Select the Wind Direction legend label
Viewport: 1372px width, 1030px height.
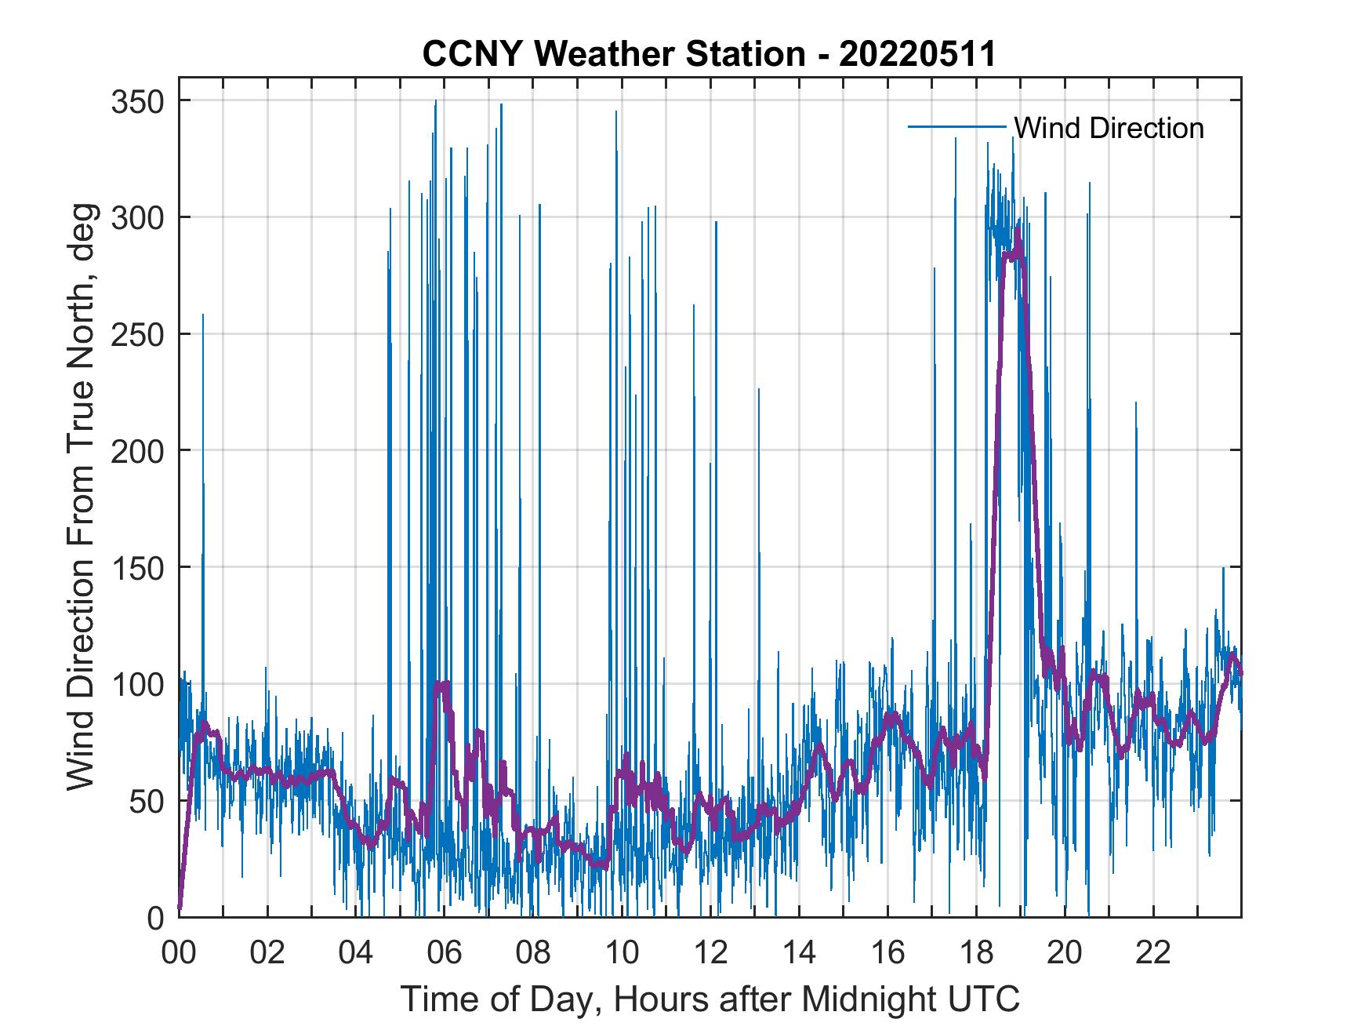[1109, 128]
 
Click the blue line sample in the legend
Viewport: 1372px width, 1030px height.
[956, 127]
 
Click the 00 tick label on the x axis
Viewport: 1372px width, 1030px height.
[179, 954]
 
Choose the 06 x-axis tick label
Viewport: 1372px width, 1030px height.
[445, 954]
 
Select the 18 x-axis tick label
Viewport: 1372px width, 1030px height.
[976, 954]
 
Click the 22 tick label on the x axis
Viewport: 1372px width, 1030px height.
[1153, 954]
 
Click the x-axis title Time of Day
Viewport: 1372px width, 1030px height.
[710, 999]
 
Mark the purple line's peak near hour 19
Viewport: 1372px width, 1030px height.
[1018, 229]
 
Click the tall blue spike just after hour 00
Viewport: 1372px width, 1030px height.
[203, 315]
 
